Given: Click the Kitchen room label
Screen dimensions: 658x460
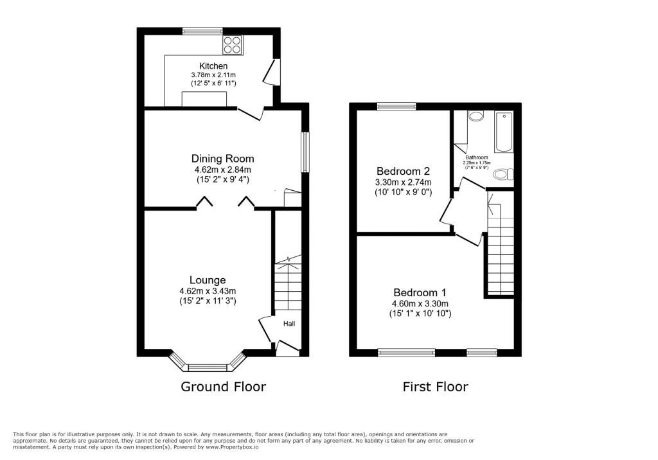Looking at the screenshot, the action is coord(213,66).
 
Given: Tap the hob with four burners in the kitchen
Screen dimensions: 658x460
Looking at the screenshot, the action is coord(233,45).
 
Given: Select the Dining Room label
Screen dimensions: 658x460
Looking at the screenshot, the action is coord(222,159).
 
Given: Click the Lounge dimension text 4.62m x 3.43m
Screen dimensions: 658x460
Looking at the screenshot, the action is coord(208,291).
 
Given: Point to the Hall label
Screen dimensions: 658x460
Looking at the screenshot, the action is coord(289,324).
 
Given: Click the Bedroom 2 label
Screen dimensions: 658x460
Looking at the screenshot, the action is coord(403,172).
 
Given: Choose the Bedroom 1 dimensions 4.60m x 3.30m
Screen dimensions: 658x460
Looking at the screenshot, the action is coord(420,303).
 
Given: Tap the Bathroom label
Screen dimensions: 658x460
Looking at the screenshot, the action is coord(477,157).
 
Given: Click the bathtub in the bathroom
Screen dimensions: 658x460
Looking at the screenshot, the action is coord(504,131).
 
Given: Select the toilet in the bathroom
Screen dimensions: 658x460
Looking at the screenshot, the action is coord(504,173).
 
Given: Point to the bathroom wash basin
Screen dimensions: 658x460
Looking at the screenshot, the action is coord(476,116).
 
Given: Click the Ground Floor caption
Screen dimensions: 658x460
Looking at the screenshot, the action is coord(223,387).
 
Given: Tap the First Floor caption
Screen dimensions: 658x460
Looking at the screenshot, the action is coord(435,387).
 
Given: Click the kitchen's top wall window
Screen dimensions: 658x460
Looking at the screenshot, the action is coord(202,31).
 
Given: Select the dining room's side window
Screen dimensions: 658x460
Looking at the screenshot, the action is coord(305,152).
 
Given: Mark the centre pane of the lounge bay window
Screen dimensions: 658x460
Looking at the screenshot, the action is coord(208,368).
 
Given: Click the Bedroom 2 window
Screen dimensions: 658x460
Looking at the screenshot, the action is coord(396,106).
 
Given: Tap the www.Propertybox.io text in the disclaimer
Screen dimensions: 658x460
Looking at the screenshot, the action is coord(232,447).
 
